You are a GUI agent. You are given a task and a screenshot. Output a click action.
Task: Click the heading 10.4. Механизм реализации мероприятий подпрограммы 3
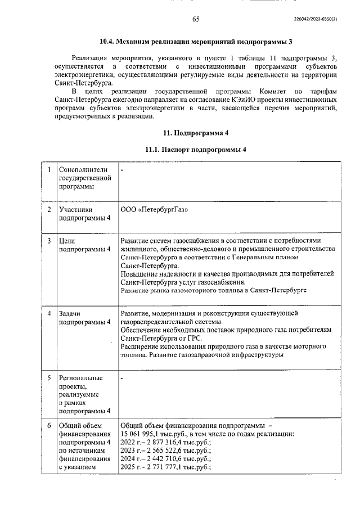[196, 42]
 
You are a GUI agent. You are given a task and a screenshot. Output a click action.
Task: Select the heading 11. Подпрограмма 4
[196, 133]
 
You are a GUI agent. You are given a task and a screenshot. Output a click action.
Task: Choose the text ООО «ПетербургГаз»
[155, 210]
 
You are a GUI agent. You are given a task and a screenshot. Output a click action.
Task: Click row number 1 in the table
[49, 169]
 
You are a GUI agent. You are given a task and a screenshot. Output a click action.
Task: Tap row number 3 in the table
[49, 240]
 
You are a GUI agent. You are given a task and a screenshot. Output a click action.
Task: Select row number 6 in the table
[49, 426]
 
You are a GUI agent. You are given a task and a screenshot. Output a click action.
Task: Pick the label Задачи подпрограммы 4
[84, 318]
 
